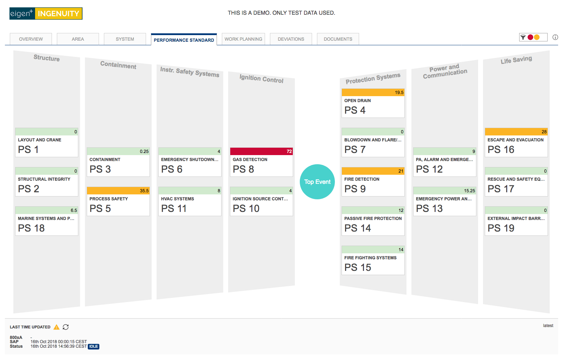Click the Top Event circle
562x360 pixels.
click(317, 182)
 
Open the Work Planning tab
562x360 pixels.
click(243, 39)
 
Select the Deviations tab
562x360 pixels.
click(291, 39)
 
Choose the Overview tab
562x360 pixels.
click(31, 39)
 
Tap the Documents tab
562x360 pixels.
click(338, 39)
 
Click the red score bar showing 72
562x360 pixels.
click(262, 152)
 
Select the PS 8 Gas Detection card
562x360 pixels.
click(262, 162)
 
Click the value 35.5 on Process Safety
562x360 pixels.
click(144, 191)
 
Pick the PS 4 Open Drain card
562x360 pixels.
click(373, 103)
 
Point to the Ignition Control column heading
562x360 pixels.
click(262, 79)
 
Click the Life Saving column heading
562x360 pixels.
click(516, 60)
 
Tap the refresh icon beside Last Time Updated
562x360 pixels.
click(66, 327)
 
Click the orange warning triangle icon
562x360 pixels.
click(57, 327)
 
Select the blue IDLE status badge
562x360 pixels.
click(94, 346)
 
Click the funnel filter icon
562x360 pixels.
click(523, 37)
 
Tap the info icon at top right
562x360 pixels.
click(555, 37)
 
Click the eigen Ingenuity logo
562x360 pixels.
click(46, 14)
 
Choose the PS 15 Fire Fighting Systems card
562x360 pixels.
click(373, 260)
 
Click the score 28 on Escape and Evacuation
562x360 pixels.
click(544, 132)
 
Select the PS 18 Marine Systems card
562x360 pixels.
click(47, 221)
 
